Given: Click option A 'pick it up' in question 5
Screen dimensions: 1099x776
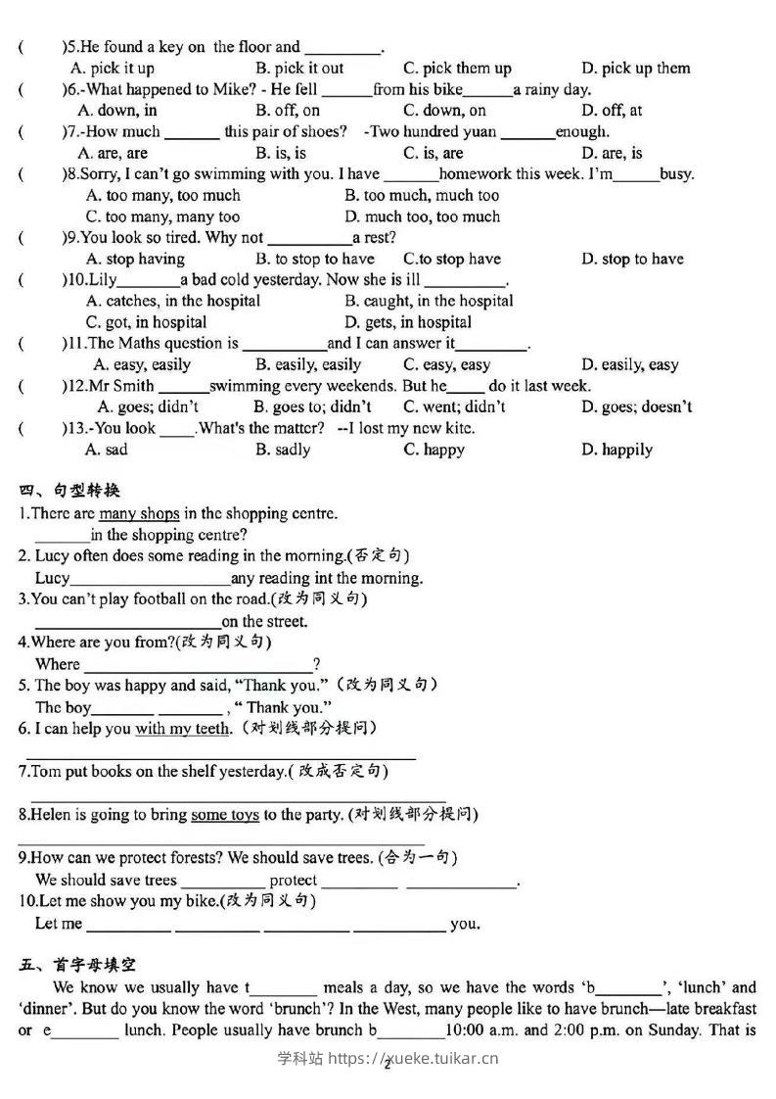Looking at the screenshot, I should click(x=113, y=69).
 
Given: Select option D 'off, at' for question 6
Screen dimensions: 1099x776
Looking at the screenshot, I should click(x=612, y=111).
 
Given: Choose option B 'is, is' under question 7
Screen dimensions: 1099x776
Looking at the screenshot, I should click(x=281, y=153).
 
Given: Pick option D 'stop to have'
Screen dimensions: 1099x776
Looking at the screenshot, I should click(x=632, y=259).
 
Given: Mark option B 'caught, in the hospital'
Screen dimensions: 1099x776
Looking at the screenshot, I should click(x=429, y=301).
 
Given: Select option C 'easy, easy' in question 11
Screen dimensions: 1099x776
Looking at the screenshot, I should click(x=446, y=364).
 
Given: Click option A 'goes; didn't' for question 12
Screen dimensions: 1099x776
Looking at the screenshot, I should click(x=148, y=406).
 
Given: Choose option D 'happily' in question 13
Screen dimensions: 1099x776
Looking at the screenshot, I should click(x=616, y=450).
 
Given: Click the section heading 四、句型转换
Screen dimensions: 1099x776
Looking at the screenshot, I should click(x=69, y=491).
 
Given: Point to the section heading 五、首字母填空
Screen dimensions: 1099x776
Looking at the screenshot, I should click(x=77, y=965).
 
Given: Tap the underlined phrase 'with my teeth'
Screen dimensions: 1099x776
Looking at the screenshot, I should click(x=183, y=728).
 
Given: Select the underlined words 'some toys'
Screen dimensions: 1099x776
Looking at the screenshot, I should click(x=224, y=814).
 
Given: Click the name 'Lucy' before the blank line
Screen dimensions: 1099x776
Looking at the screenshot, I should click(x=53, y=578).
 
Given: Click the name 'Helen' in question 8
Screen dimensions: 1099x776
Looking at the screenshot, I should click(x=52, y=814).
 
